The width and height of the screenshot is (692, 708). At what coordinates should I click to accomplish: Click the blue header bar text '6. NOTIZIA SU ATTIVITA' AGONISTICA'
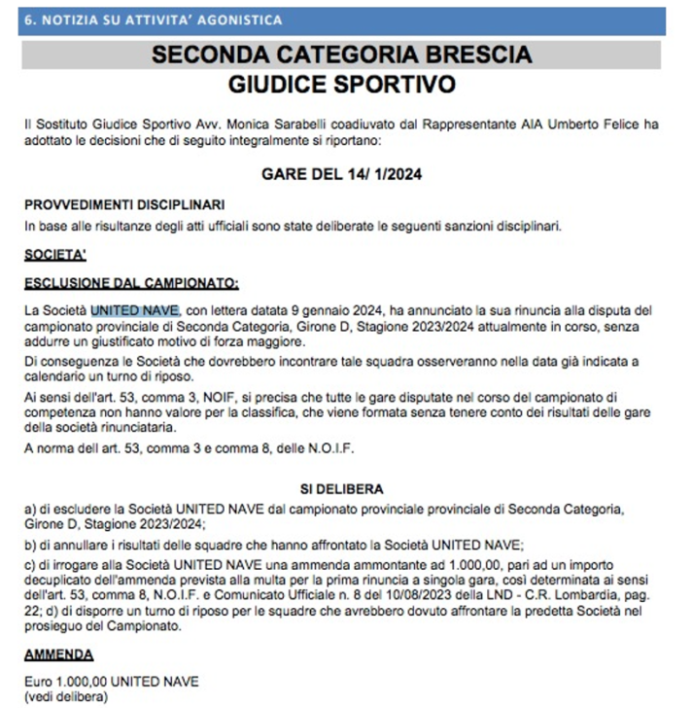click(154, 19)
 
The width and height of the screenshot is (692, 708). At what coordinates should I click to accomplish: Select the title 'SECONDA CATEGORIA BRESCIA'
click(341, 54)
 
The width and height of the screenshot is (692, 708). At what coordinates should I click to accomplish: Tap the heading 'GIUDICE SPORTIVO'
click(341, 85)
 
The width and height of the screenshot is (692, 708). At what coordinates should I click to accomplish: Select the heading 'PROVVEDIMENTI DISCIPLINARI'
click(125, 206)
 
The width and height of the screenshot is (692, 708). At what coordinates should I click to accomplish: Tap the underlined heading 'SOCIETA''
click(56, 257)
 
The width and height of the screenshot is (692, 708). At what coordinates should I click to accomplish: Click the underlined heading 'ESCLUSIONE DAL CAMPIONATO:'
click(131, 284)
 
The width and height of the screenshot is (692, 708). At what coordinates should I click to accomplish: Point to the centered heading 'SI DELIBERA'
click(342, 489)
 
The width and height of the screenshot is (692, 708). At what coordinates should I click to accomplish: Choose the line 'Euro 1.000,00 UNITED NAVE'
click(109, 683)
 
